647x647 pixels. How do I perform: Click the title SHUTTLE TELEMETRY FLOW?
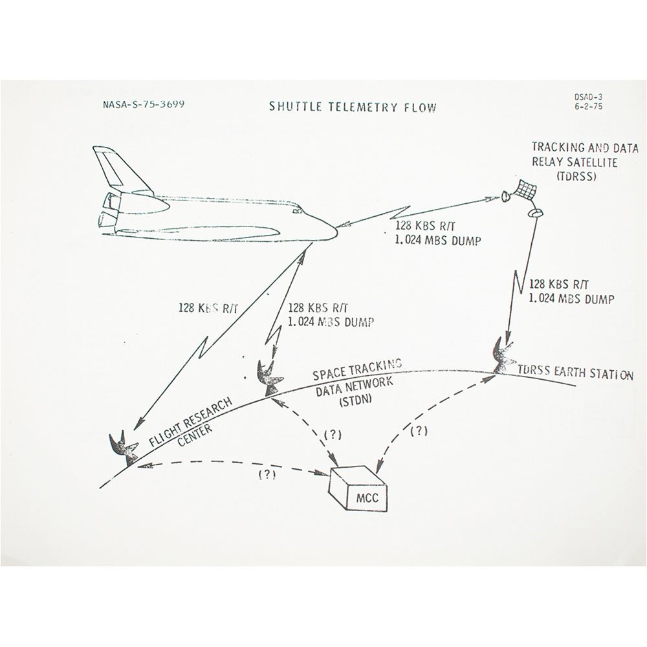point(353,107)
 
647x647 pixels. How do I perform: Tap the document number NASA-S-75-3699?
point(143,104)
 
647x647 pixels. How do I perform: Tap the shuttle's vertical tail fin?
point(118,170)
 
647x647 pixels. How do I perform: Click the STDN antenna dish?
point(269,378)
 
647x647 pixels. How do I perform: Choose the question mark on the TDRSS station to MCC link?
point(419,431)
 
